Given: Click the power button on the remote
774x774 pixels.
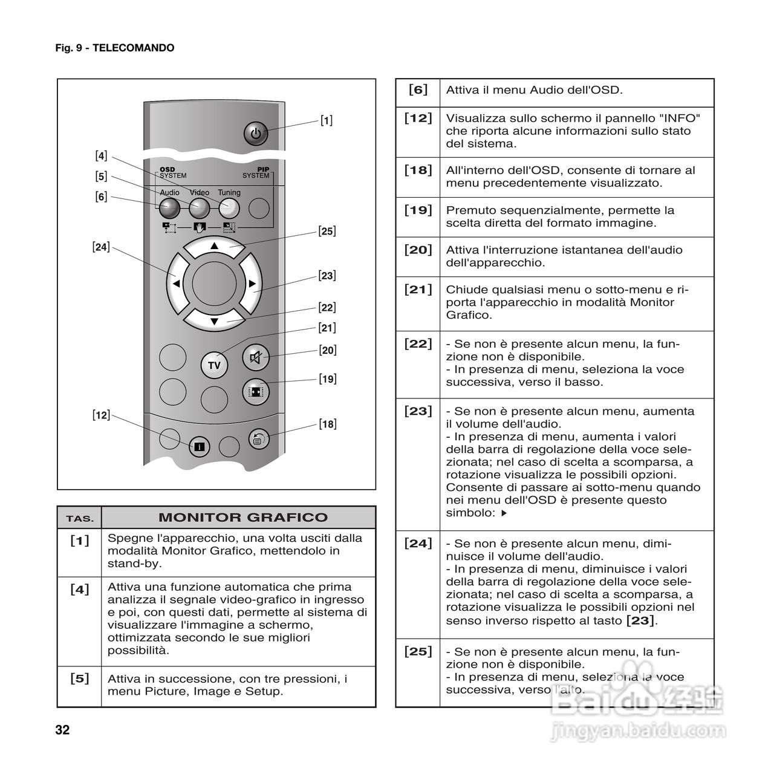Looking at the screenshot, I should pos(255,134).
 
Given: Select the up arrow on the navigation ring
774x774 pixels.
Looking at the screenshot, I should pos(213,246).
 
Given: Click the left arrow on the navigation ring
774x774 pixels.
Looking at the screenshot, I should pos(175,283).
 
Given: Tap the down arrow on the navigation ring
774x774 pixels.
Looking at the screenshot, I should pos(213,320).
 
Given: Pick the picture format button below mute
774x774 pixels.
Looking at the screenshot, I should pos(256,391).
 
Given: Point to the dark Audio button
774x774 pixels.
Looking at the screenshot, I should pos(169,208).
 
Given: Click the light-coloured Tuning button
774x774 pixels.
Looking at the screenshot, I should pos(229,208).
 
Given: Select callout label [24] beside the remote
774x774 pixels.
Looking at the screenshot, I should pos(101,247).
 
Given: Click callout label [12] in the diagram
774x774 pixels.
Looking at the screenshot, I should pos(101,415).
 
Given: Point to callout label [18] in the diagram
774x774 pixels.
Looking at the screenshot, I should pos(327,424).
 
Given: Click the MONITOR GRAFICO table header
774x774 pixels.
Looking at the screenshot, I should pos(242,518).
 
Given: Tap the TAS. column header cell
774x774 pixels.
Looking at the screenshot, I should pos(80,518).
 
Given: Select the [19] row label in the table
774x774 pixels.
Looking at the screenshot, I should pos(418,210).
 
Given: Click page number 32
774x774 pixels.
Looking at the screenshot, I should pos(62,730).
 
